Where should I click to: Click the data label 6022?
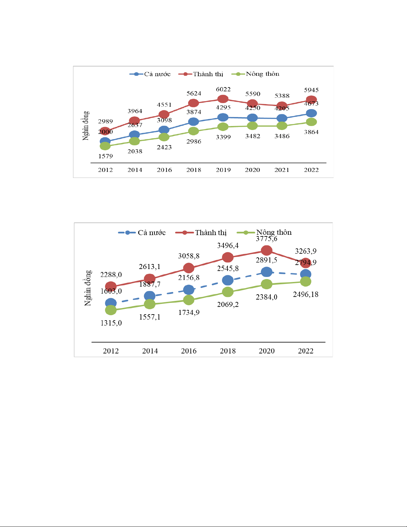coord(223,89)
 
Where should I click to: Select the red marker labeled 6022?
coord(223,99)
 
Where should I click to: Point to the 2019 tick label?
coord(223,170)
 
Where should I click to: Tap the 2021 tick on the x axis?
coord(282,170)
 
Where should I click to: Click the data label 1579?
coord(105,156)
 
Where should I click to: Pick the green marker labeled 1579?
coord(105,146)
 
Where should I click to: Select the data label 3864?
coord(311,132)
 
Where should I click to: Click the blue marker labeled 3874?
coord(193,122)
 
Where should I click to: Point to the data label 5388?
coord(282,96)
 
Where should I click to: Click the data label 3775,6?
coord(266,239)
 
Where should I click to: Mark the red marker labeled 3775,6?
coord(266,250)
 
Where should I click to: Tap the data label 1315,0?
coord(111,323)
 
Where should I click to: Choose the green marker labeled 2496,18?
coord(306,282)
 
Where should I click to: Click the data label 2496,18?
coord(306,295)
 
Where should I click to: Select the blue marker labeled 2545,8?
coord(228,280)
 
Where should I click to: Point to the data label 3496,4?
coord(228,246)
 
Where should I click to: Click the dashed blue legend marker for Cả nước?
coord(127,233)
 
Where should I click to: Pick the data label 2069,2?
coord(228,305)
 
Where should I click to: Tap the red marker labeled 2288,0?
coord(111,286)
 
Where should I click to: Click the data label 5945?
coord(311,90)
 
